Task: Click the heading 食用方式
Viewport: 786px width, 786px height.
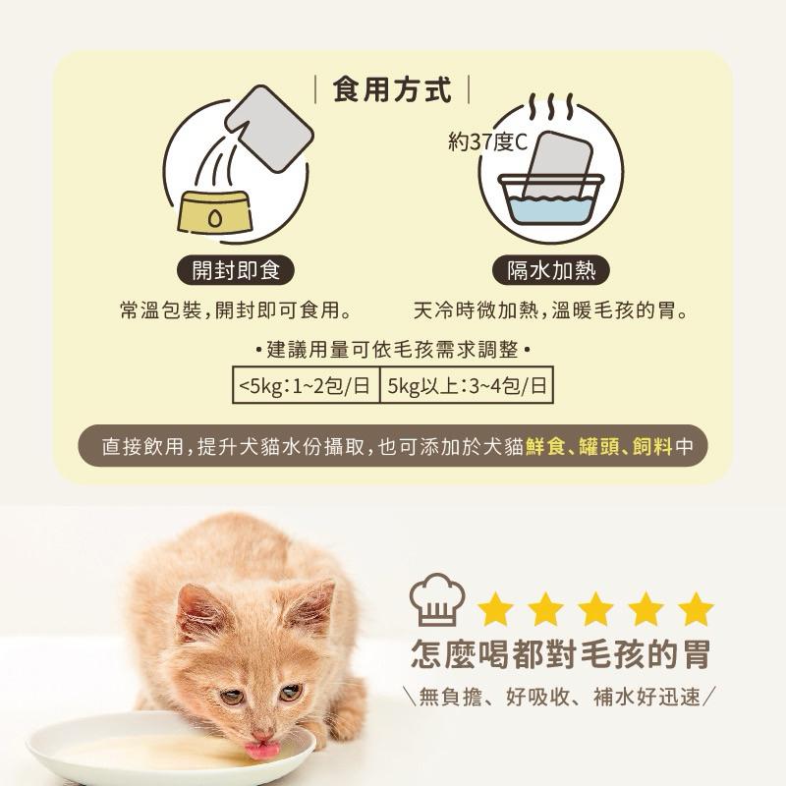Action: pyautogui.click(x=393, y=91)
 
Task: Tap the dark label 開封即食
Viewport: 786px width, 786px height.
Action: pyautogui.click(x=235, y=270)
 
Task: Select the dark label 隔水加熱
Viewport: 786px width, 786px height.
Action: pyautogui.click(x=550, y=270)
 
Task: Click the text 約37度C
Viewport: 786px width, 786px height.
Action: pyautogui.click(x=487, y=143)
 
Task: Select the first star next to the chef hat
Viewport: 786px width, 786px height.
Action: pyautogui.click(x=496, y=609)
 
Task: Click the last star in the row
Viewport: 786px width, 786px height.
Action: pyautogui.click(x=696, y=609)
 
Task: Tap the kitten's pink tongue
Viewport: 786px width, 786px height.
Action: pyautogui.click(x=260, y=753)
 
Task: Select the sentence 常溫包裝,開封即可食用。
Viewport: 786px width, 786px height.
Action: pyautogui.click(x=236, y=311)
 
